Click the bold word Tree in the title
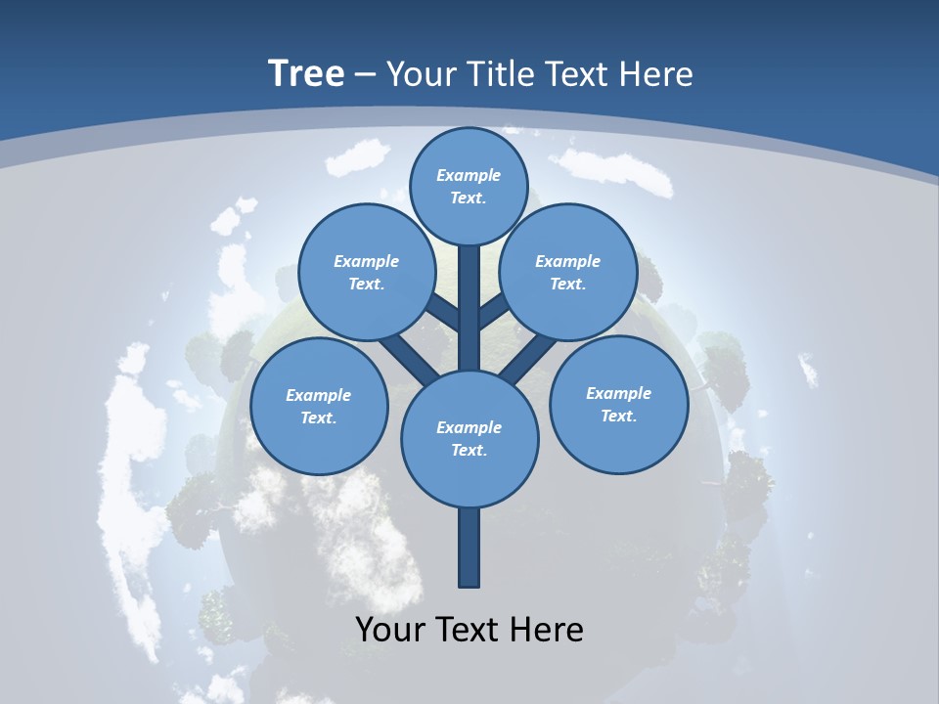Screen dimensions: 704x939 [x=306, y=73]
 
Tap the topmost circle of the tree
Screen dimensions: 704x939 [x=469, y=186]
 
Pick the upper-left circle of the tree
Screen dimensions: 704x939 [x=366, y=272]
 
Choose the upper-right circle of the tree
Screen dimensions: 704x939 [x=568, y=272]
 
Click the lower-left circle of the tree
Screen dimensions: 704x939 [x=319, y=406]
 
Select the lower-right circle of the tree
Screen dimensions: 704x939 [x=618, y=404]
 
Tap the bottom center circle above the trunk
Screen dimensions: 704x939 [x=469, y=438]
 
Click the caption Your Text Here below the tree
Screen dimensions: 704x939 [x=469, y=629]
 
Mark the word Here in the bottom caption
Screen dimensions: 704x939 [x=545, y=629]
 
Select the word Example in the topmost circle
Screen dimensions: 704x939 [x=469, y=175]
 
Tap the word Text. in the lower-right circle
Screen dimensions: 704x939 [x=618, y=416]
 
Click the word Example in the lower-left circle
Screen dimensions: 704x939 [x=319, y=395]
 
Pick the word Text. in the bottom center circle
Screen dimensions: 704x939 [x=469, y=450]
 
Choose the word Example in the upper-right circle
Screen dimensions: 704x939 [x=568, y=261]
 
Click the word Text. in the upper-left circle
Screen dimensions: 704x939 [x=366, y=284]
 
